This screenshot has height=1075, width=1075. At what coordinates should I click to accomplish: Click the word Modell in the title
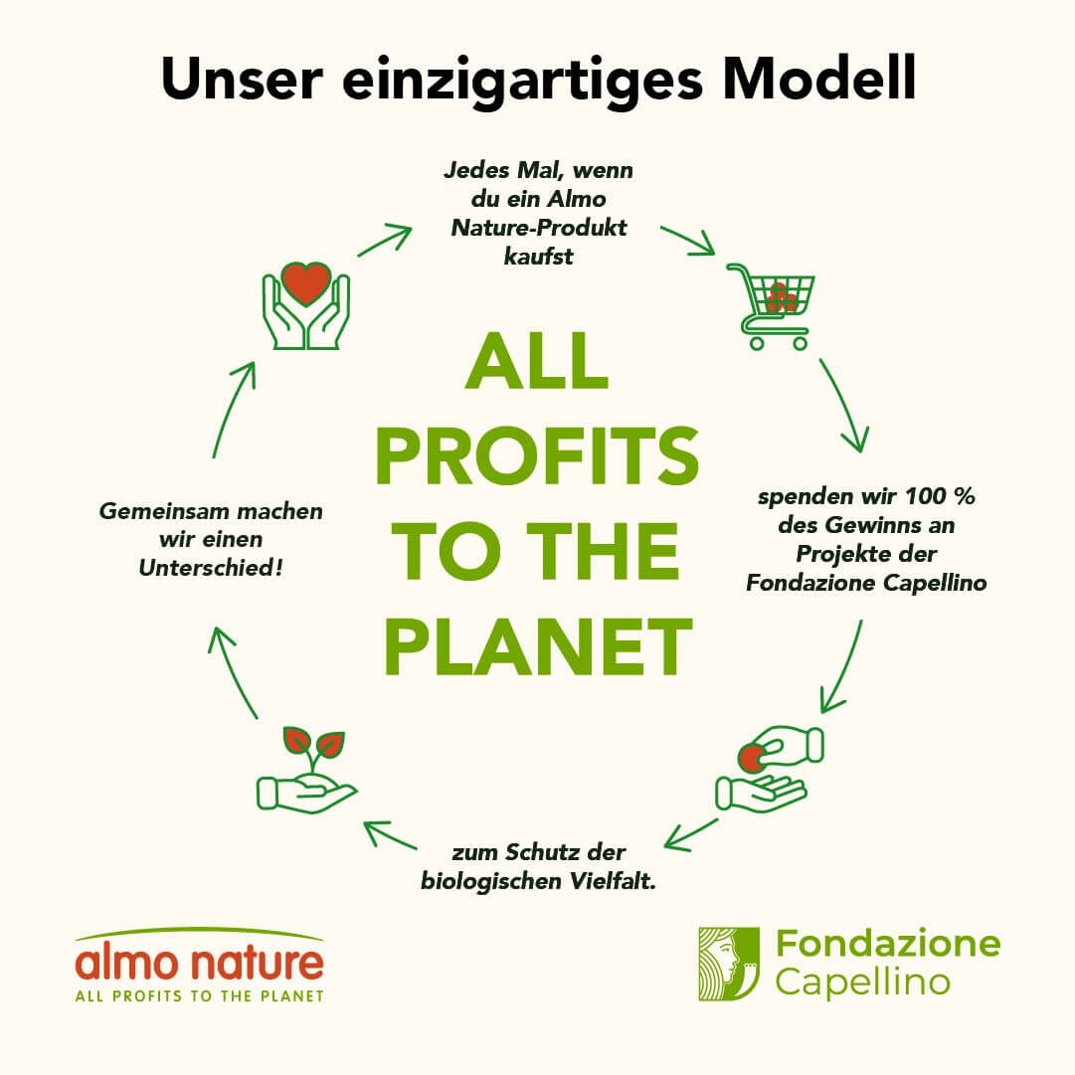[x=819, y=79]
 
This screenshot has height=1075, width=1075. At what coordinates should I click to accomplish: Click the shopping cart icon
[x=772, y=306]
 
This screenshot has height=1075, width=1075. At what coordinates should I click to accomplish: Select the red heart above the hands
[x=306, y=282]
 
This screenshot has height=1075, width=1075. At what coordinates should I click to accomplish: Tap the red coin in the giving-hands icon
[x=752, y=758]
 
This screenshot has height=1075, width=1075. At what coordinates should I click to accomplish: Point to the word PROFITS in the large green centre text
[x=537, y=455]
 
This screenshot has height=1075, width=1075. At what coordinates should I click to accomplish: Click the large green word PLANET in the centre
[x=537, y=645]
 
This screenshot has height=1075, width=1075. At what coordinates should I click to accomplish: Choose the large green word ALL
[x=537, y=361]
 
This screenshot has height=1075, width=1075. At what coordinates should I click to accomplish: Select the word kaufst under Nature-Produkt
[x=538, y=257]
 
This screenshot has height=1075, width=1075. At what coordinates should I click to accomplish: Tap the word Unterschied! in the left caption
[x=211, y=568]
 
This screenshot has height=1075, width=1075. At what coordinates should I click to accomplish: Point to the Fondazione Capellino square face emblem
[x=729, y=964]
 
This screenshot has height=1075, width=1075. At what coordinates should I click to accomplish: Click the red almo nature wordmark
[x=199, y=962]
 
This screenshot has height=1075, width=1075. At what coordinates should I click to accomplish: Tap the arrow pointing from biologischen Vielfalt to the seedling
[x=390, y=835]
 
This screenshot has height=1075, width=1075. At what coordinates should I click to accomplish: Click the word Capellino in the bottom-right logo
[x=862, y=983]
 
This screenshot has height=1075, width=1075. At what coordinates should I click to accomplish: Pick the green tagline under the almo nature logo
[x=199, y=995]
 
